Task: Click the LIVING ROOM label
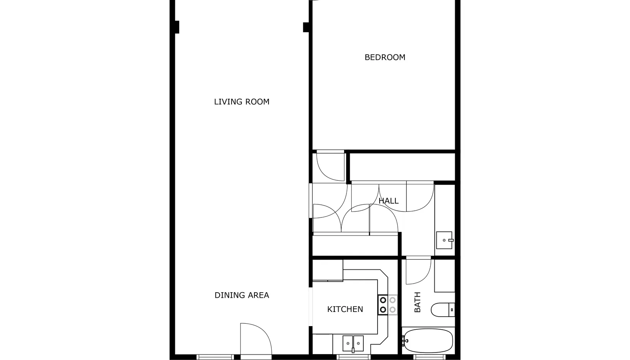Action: click(242, 102)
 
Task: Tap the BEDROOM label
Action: click(385, 58)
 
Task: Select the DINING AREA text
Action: click(242, 295)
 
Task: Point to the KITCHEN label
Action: click(345, 309)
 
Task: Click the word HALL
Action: click(388, 201)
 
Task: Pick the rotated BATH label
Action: click(418, 302)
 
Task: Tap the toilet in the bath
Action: click(443, 310)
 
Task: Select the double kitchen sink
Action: click(353, 343)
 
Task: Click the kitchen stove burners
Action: click(387, 305)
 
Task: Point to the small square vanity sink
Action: click(445, 240)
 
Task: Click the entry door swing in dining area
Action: click(256, 339)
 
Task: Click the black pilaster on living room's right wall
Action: click(306, 27)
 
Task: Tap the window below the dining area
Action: click(215, 357)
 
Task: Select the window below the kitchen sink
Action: click(354, 357)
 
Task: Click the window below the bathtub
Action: click(429, 357)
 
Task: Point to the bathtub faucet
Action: click(405, 341)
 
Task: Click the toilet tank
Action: click(452, 310)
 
